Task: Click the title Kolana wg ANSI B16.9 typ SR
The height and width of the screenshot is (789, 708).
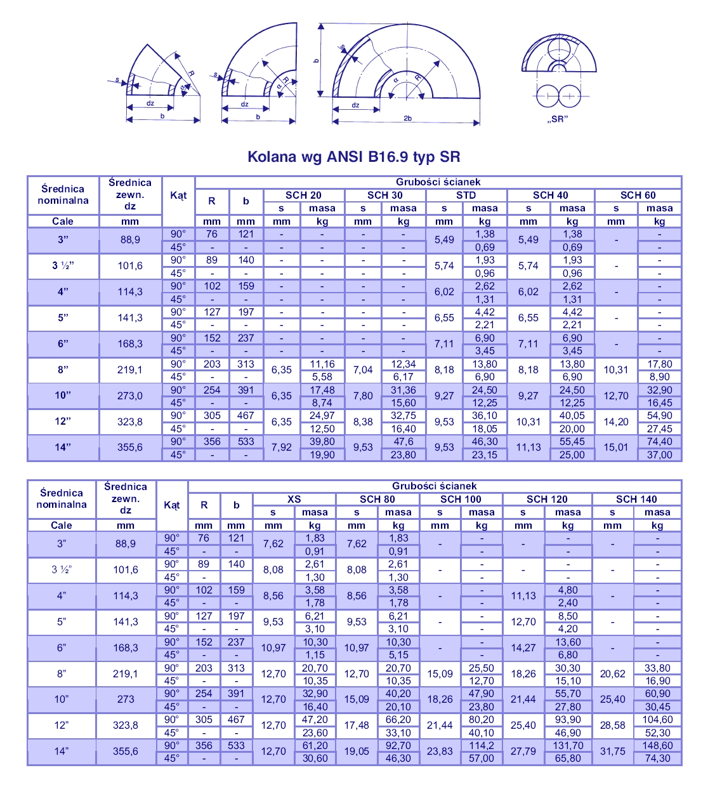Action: (x=353, y=157)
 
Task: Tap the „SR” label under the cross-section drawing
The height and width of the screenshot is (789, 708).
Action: (x=557, y=119)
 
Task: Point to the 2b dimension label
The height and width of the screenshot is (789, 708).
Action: (x=407, y=118)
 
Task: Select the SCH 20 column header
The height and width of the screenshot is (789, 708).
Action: (x=303, y=195)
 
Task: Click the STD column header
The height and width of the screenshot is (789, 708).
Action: (x=466, y=195)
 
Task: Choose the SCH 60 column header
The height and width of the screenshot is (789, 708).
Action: (x=638, y=195)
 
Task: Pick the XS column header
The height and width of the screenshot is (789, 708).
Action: (x=294, y=499)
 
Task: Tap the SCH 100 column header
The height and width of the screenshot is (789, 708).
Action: (x=461, y=499)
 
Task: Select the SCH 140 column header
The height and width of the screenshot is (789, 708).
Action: (x=636, y=499)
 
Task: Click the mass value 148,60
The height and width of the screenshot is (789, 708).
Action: (x=657, y=745)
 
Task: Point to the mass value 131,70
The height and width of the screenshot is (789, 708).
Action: (x=568, y=745)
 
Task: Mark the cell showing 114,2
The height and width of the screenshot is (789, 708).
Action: (x=482, y=745)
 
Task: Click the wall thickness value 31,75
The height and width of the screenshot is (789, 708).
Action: (x=613, y=751)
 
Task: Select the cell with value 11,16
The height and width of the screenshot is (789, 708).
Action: (x=322, y=364)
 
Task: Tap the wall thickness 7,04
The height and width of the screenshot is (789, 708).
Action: (x=363, y=369)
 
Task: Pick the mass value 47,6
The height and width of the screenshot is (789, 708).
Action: (x=403, y=441)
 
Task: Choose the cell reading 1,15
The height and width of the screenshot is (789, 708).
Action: (x=315, y=654)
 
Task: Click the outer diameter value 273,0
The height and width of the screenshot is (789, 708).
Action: (x=130, y=395)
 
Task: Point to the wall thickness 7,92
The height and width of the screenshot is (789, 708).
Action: (x=282, y=447)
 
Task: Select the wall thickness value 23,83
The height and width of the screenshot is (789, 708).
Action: (x=440, y=751)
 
